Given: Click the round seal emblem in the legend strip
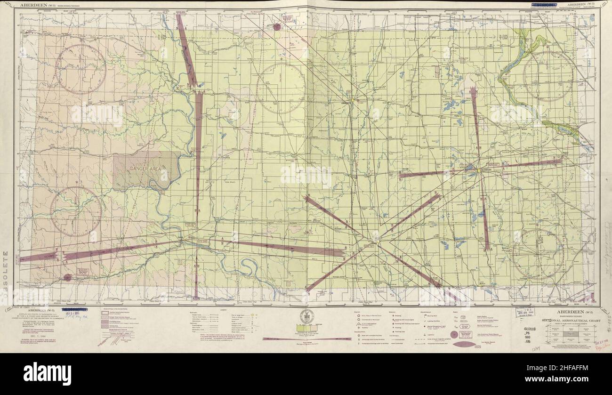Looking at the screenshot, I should tap(306, 317).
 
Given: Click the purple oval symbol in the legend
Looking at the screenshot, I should tap(466, 343).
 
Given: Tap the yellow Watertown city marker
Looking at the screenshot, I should tap(479, 170).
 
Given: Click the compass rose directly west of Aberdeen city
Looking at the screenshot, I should tap(282, 89).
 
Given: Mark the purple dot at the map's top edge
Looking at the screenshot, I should tap(277, 27).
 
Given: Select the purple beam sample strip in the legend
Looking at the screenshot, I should tap(288, 339).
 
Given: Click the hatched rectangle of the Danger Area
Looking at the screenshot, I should tap(146, 170).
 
